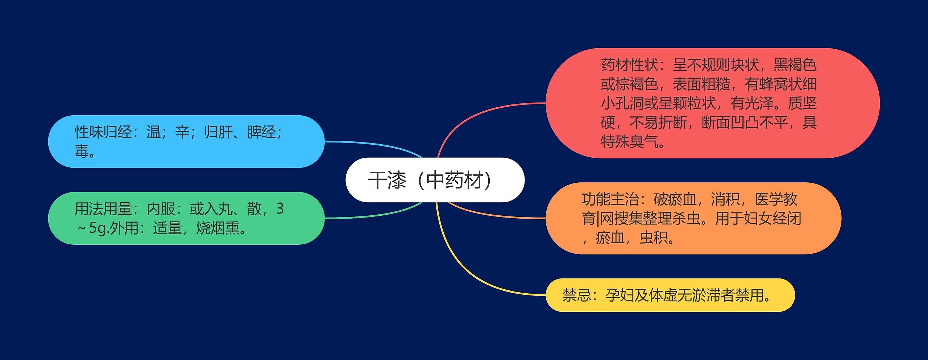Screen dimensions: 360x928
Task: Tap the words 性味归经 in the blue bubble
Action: click(103, 132)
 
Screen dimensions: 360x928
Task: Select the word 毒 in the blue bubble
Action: click(82, 151)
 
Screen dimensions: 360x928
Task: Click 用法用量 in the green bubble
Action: click(103, 209)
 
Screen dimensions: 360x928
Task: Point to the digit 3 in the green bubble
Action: click(280, 209)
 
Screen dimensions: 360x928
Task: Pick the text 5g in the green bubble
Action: click(98, 228)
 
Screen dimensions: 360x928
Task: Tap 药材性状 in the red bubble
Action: click(629, 65)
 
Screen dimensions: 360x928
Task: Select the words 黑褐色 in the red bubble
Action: click(795, 65)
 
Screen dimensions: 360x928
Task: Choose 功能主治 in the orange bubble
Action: click(610, 199)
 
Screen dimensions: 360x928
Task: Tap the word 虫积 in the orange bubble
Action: click(654, 238)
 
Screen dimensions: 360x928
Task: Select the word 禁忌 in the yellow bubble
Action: click(577, 295)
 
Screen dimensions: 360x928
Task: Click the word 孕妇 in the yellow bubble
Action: click(620, 295)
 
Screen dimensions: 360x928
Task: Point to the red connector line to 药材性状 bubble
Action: click(471, 116)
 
